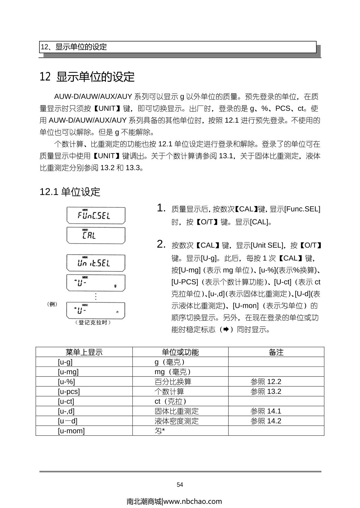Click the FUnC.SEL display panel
click(x=96, y=215)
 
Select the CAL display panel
click(x=96, y=235)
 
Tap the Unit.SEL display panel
click(x=96, y=263)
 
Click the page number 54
click(x=180, y=485)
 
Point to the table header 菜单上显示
click(x=84, y=352)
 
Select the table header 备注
click(x=276, y=352)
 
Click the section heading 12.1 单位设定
click(x=70, y=192)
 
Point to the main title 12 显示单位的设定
click(x=87, y=77)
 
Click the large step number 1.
click(x=161, y=208)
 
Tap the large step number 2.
click(x=161, y=244)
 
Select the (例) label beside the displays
click(x=52, y=304)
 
